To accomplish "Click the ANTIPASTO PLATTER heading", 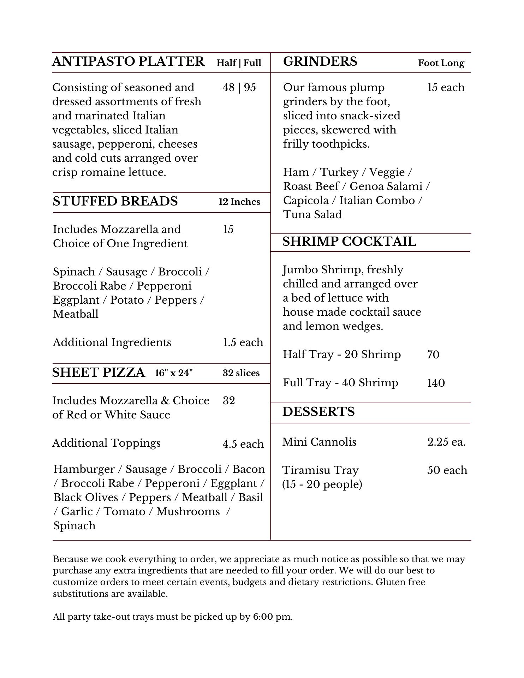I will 128,61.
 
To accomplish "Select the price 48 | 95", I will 239,88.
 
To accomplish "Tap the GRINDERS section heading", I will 320,61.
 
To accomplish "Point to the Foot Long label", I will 441,63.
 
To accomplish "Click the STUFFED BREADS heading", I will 115,201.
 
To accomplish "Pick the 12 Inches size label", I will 239,202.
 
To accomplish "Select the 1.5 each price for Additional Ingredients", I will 243,343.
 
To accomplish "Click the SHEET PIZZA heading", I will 99,373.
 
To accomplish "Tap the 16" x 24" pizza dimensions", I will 174,373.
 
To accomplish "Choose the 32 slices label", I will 241,373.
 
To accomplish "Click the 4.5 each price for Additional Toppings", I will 243,444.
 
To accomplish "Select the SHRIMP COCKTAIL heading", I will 349,242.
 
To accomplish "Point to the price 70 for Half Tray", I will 433,355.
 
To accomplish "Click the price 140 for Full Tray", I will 436,383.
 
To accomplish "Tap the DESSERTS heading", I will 318,412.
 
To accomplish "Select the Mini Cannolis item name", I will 319,442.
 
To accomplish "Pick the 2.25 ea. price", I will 446,442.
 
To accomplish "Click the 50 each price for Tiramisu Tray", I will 447,470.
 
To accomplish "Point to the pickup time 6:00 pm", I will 272,617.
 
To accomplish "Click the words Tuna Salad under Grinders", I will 312,215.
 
